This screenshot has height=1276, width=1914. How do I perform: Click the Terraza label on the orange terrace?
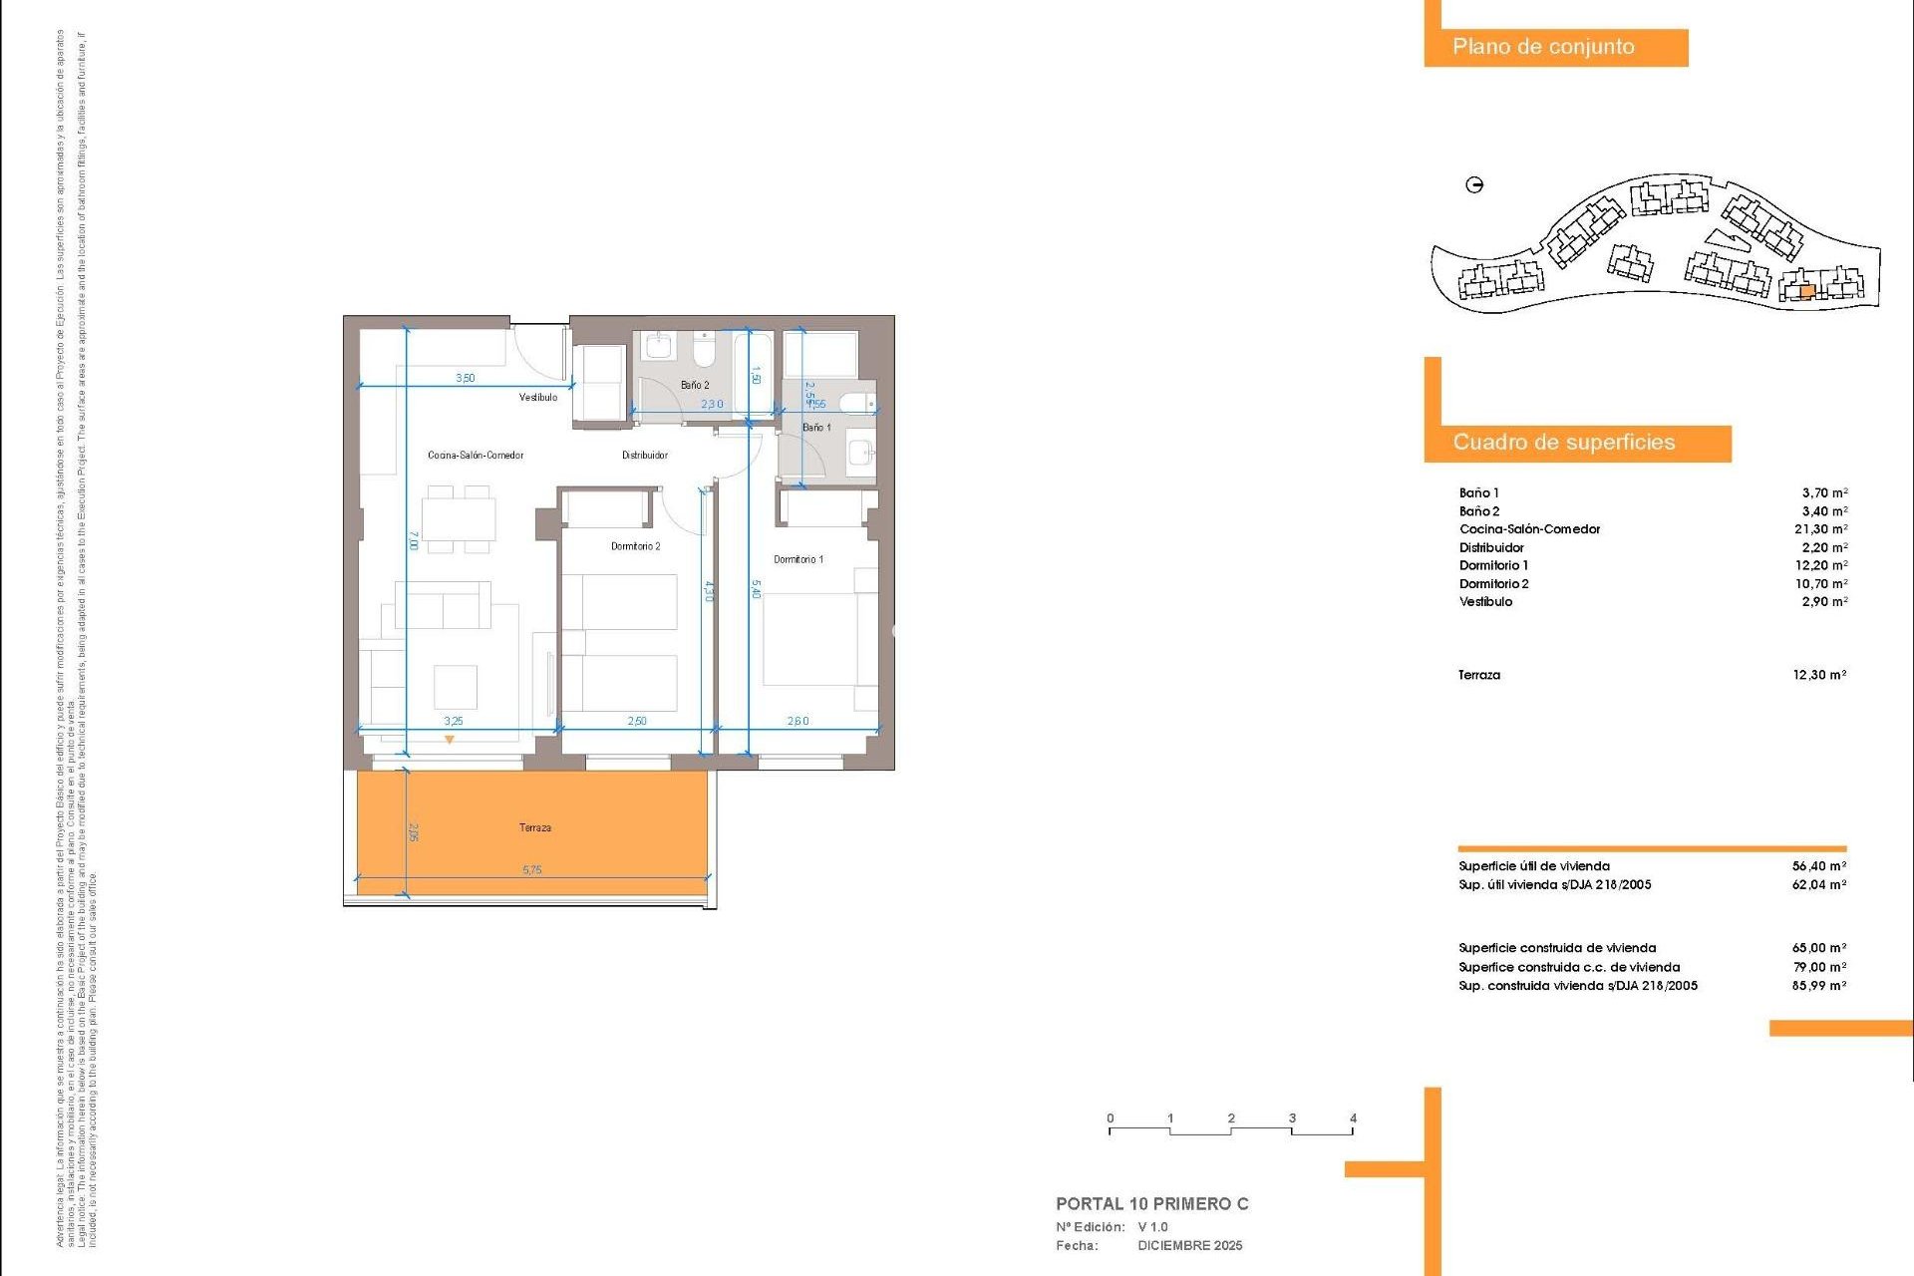click(534, 827)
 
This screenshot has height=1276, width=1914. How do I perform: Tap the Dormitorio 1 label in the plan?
click(798, 559)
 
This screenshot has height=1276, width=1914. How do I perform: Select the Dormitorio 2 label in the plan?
click(635, 546)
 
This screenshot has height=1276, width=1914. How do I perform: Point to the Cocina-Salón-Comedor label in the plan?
click(476, 456)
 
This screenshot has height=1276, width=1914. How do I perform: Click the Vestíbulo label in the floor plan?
click(538, 398)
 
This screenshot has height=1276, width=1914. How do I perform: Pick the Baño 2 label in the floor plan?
click(695, 385)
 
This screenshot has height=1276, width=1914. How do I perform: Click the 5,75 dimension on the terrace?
click(532, 870)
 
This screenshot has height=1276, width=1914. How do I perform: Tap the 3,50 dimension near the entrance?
click(466, 379)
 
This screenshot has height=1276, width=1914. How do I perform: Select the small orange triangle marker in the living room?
click(450, 740)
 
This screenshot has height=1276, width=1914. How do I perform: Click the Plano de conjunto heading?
click(1543, 47)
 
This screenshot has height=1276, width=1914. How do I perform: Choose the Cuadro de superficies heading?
click(1563, 443)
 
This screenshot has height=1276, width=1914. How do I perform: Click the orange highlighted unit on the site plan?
click(1806, 292)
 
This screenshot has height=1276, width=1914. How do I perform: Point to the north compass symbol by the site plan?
click(1474, 184)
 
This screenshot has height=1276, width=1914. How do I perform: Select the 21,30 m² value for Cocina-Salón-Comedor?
click(1820, 529)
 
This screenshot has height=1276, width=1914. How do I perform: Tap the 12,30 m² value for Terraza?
click(1819, 675)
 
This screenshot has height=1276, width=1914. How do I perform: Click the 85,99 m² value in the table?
click(1818, 986)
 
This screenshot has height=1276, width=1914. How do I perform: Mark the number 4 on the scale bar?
click(1353, 1118)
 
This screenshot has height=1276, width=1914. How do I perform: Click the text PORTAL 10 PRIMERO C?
click(1151, 1204)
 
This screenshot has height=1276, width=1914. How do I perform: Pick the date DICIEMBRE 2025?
click(1189, 1246)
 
